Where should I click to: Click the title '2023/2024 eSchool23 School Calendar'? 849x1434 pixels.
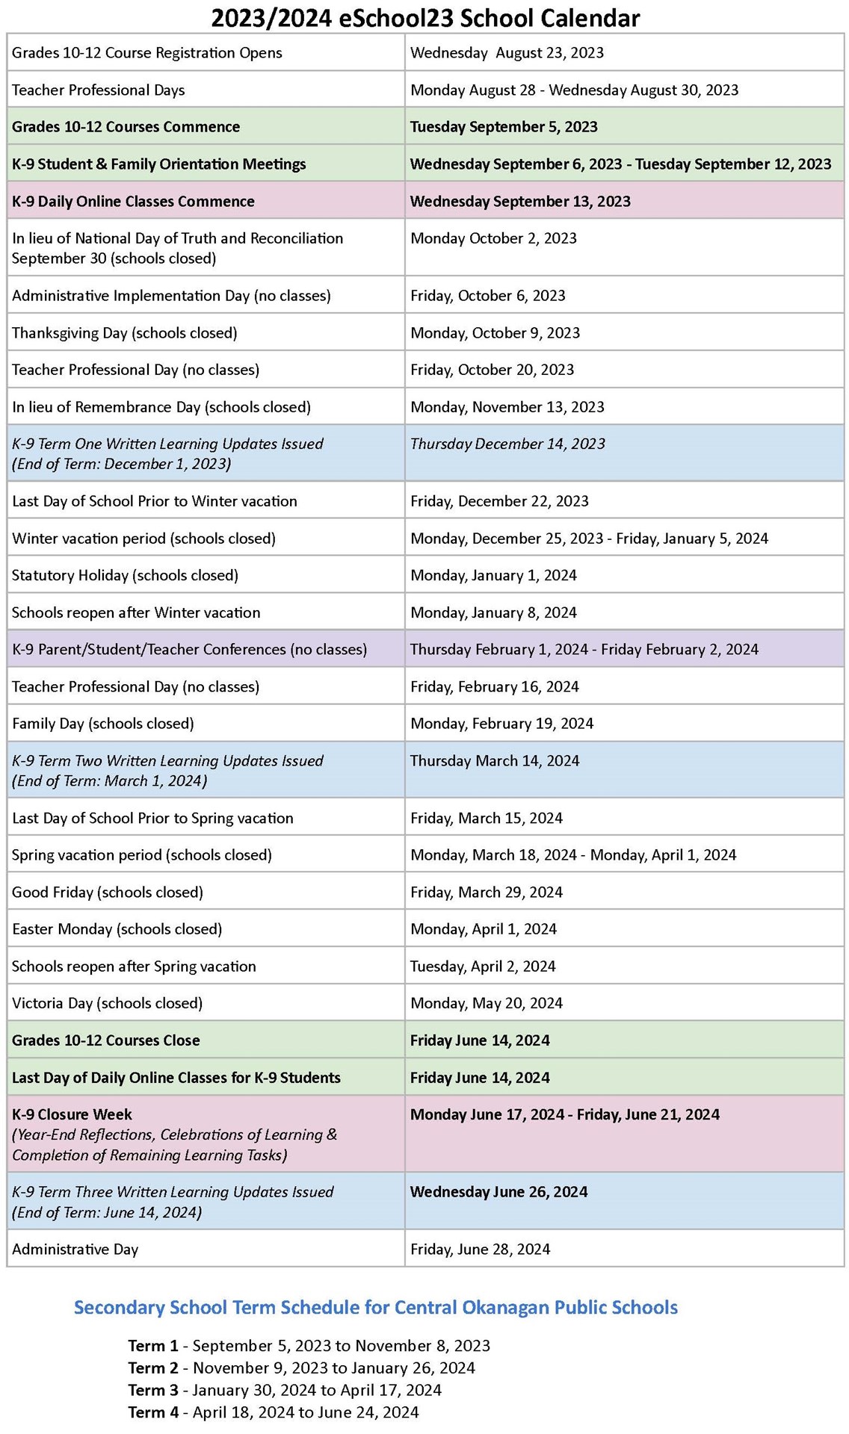pyautogui.click(x=424, y=17)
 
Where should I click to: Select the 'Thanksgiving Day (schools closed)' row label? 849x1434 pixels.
pyautogui.click(x=124, y=332)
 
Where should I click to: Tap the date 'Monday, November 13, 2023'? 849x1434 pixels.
pyautogui.click(x=507, y=407)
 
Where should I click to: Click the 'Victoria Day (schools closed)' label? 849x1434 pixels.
pyautogui.click(x=107, y=1003)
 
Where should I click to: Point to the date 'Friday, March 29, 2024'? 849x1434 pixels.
pyautogui.click(x=486, y=892)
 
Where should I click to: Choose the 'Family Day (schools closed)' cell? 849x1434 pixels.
pyautogui.click(x=103, y=723)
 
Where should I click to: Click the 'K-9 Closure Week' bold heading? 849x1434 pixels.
pyautogui.click(x=72, y=1114)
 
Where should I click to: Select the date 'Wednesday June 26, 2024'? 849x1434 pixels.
pyautogui.click(x=498, y=1192)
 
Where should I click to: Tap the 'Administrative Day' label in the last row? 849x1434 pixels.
pyautogui.click(x=75, y=1249)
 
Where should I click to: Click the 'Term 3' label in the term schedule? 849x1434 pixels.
pyautogui.click(x=152, y=1390)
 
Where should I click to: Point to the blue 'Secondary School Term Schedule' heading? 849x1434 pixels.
pyautogui.click(x=375, y=1307)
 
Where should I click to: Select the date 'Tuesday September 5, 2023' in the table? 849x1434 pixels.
pyautogui.click(x=504, y=127)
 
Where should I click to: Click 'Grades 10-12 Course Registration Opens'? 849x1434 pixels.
pyautogui.click(x=146, y=53)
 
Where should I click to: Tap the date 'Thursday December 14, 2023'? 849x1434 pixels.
pyautogui.click(x=507, y=444)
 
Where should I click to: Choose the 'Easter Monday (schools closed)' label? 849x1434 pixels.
pyautogui.click(x=117, y=929)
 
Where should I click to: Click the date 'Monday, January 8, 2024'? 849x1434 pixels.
pyautogui.click(x=493, y=612)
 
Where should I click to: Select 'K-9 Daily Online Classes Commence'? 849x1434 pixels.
pyautogui.click(x=133, y=202)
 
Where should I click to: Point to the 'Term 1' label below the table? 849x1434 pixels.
pyautogui.click(x=152, y=1346)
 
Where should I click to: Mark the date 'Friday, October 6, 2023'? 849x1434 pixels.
pyautogui.click(x=487, y=296)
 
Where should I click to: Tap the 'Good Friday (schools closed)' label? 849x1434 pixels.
pyautogui.click(x=107, y=892)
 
